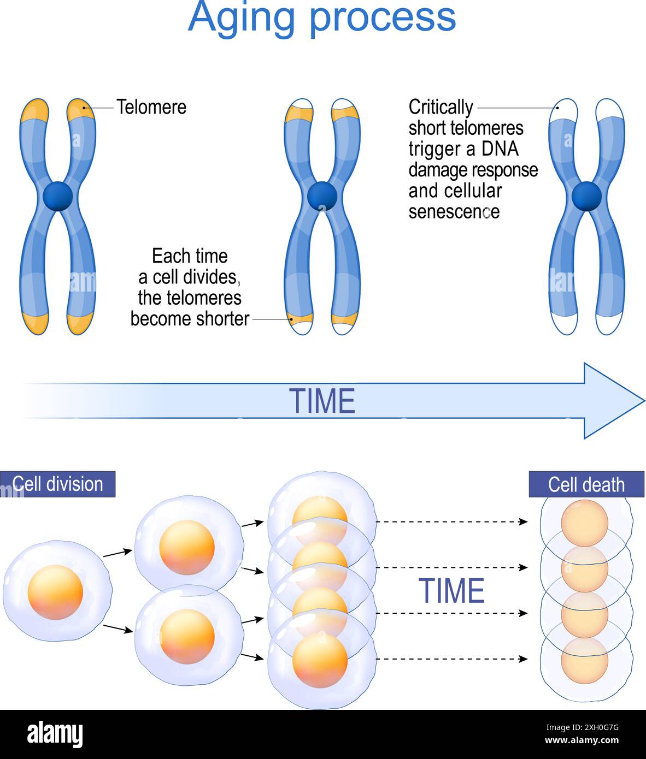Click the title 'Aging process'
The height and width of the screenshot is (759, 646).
point(322,17)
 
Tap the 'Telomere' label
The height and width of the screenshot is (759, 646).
point(151,107)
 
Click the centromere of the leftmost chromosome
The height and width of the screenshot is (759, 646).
point(57,197)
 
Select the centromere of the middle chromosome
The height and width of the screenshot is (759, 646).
point(322,196)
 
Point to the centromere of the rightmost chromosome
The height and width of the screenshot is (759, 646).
point(586,197)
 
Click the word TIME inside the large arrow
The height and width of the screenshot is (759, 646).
point(322,401)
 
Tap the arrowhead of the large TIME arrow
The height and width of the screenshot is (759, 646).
point(612,401)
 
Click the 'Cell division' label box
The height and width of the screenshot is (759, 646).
point(57,484)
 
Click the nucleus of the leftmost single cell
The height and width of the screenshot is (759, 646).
point(55,592)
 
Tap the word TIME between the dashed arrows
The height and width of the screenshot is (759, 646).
point(451,591)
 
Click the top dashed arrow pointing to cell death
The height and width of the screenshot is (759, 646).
point(451,522)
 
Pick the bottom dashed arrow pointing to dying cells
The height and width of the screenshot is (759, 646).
point(451,659)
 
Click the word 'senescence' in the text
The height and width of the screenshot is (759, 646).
point(454,212)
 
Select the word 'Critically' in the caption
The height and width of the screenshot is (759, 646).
point(441,107)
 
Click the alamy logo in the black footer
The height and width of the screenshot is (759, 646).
point(55,734)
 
